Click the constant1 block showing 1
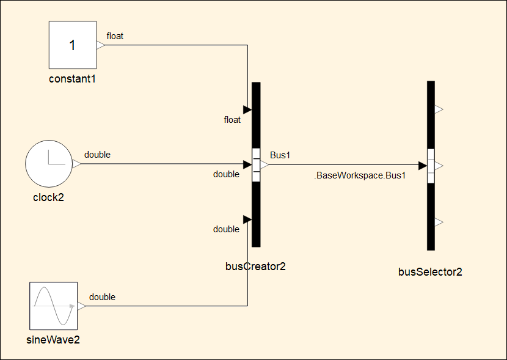pos(72,45)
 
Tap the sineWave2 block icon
pos(53,306)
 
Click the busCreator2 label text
pos(255,266)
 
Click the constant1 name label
pos(72,79)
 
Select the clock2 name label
pos(48,197)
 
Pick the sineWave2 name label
pos(53,339)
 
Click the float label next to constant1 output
pos(115,36)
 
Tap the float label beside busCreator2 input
pos(232,120)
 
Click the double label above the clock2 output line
pos(97,155)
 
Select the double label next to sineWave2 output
pos(102,297)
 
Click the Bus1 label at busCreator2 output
pos(280,155)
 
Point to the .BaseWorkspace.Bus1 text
pos(360,175)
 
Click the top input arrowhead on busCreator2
pos(247,110)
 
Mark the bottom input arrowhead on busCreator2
pos(247,219)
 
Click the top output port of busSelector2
pos(439,109)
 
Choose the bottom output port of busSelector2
pos(439,222)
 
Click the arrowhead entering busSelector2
pos(422,166)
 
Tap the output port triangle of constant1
pos(101,45)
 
